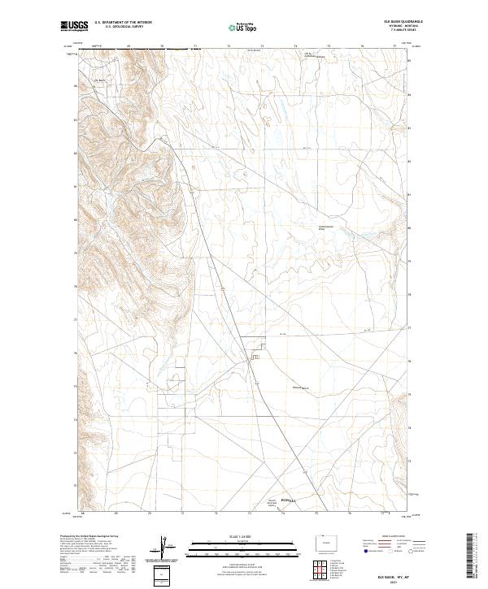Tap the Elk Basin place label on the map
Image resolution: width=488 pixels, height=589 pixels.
(x=101, y=80)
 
